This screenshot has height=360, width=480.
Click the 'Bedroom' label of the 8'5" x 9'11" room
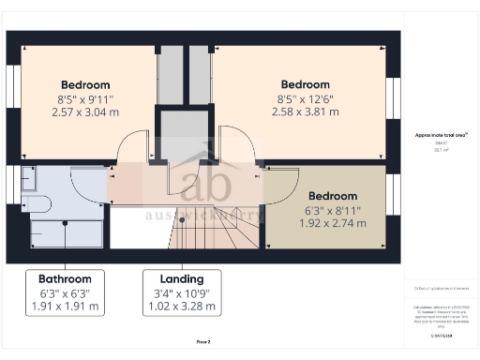click(x=85, y=83)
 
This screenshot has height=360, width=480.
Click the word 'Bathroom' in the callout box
click(x=65, y=279)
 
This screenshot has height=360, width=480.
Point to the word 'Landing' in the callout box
click(x=182, y=279)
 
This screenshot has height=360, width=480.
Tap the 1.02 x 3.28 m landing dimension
click(x=182, y=307)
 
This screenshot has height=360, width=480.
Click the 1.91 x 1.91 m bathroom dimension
click(x=65, y=307)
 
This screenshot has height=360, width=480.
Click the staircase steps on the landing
click(x=216, y=230)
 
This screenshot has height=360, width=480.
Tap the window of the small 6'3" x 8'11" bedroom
click(x=393, y=194)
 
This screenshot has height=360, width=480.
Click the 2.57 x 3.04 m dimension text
click(x=85, y=112)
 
